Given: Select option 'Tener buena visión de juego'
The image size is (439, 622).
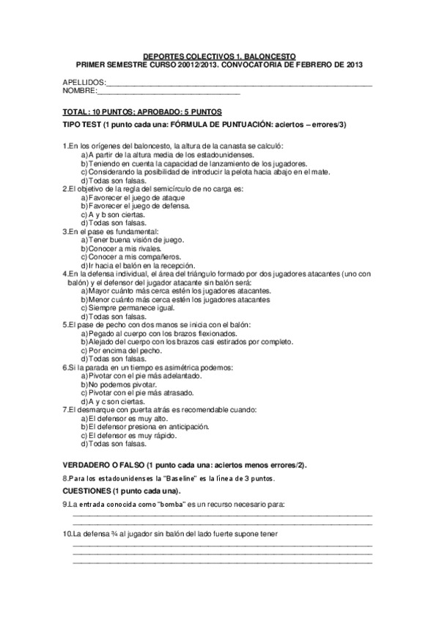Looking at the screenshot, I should point(136,240).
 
